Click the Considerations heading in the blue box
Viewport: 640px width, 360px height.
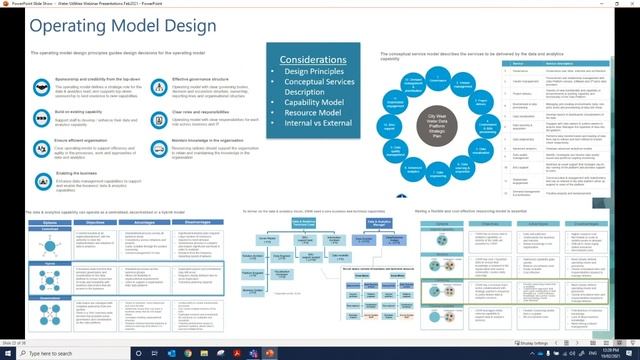[x=321, y=61]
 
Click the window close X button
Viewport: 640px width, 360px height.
[x=631, y=4]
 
